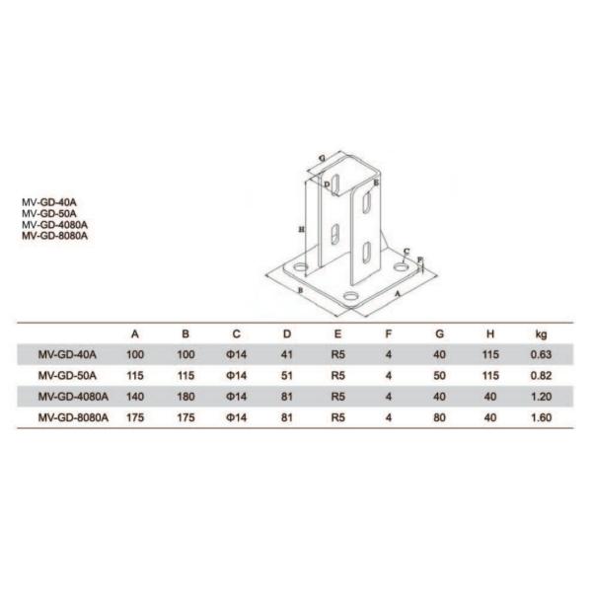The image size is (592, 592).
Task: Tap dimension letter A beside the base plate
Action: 397,294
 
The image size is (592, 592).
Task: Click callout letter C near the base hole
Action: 406,252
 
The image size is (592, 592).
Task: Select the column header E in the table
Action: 336,334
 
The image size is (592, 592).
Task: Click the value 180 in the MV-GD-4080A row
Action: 183,396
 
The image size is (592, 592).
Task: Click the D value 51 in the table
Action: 286,375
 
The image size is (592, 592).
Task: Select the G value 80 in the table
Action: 440,416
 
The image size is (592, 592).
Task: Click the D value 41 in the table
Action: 286,354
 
